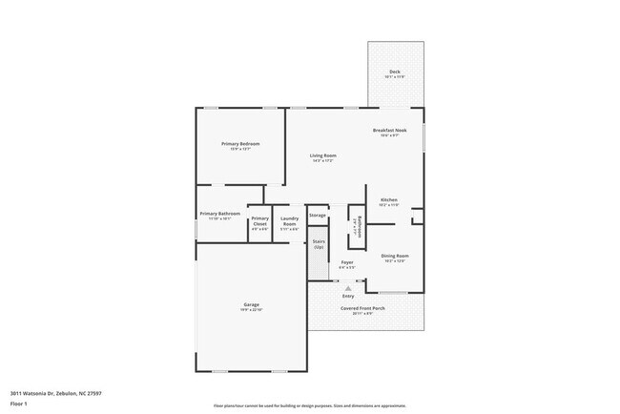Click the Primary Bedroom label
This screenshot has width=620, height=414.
pos(240,143)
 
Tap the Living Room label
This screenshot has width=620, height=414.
pos(322,155)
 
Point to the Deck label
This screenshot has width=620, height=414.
pos(394,72)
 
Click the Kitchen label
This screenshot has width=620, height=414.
pos(388,199)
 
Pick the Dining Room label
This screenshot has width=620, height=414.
pos(395,256)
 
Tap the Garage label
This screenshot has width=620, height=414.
pos(251,304)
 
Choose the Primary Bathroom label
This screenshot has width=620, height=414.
pos(219,213)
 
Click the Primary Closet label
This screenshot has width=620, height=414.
pos(259,223)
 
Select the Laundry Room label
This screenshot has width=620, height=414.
pos(289,223)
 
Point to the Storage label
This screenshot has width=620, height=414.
pos(318,216)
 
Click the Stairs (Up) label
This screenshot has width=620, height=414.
pos(319,244)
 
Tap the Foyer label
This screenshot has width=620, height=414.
pos(347,261)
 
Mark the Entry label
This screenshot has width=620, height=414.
pos(348,296)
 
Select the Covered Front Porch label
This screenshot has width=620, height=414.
pos(364,307)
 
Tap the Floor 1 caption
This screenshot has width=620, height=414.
pos(19,402)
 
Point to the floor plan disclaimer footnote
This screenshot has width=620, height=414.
pos(309,405)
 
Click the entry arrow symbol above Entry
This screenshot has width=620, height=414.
pos(348,286)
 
